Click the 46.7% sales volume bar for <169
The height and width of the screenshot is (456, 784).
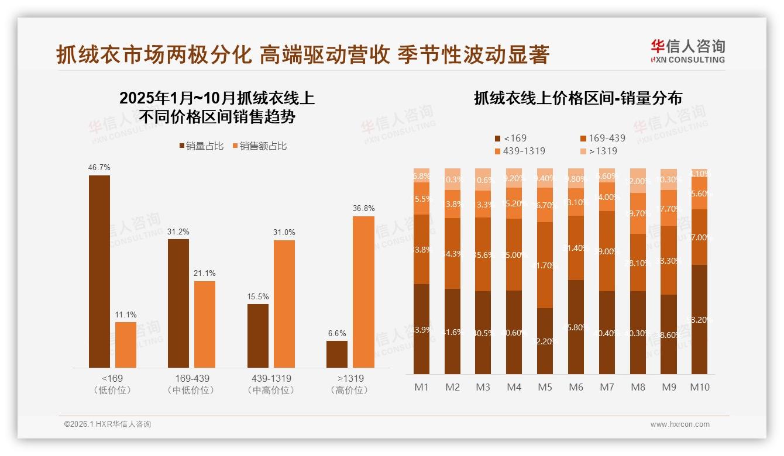pyautogui.click(x=99, y=271)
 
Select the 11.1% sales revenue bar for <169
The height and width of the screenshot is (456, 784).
pyautogui.click(x=126, y=345)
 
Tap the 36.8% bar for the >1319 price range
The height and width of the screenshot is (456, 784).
pyautogui.click(x=363, y=292)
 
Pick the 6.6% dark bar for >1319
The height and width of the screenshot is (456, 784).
pyautogui.click(x=337, y=354)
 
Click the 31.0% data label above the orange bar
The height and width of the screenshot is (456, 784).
pyautogui.click(x=284, y=232)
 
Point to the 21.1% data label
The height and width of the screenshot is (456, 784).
pyautogui.click(x=205, y=273)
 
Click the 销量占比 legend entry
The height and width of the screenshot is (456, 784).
pyautogui.click(x=201, y=146)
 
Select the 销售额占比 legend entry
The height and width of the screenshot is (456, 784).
pyautogui.click(x=260, y=146)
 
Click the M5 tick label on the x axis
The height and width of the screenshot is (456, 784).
pyautogui.click(x=545, y=387)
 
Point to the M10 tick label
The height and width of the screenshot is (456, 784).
pyautogui.click(x=699, y=387)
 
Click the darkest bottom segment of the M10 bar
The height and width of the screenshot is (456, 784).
pyautogui.click(x=699, y=319)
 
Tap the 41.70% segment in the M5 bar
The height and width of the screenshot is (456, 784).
pyautogui.click(x=545, y=265)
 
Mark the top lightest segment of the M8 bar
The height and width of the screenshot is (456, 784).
pyautogui.click(x=638, y=181)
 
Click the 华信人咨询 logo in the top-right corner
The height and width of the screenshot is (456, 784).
pyautogui.click(x=687, y=51)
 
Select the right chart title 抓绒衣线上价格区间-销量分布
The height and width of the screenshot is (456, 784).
pyautogui.click(x=577, y=98)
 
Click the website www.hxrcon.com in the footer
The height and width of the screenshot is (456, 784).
pyautogui.click(x=679, y=424)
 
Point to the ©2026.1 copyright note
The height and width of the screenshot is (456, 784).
pyautogui.click(x=108, y=424)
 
